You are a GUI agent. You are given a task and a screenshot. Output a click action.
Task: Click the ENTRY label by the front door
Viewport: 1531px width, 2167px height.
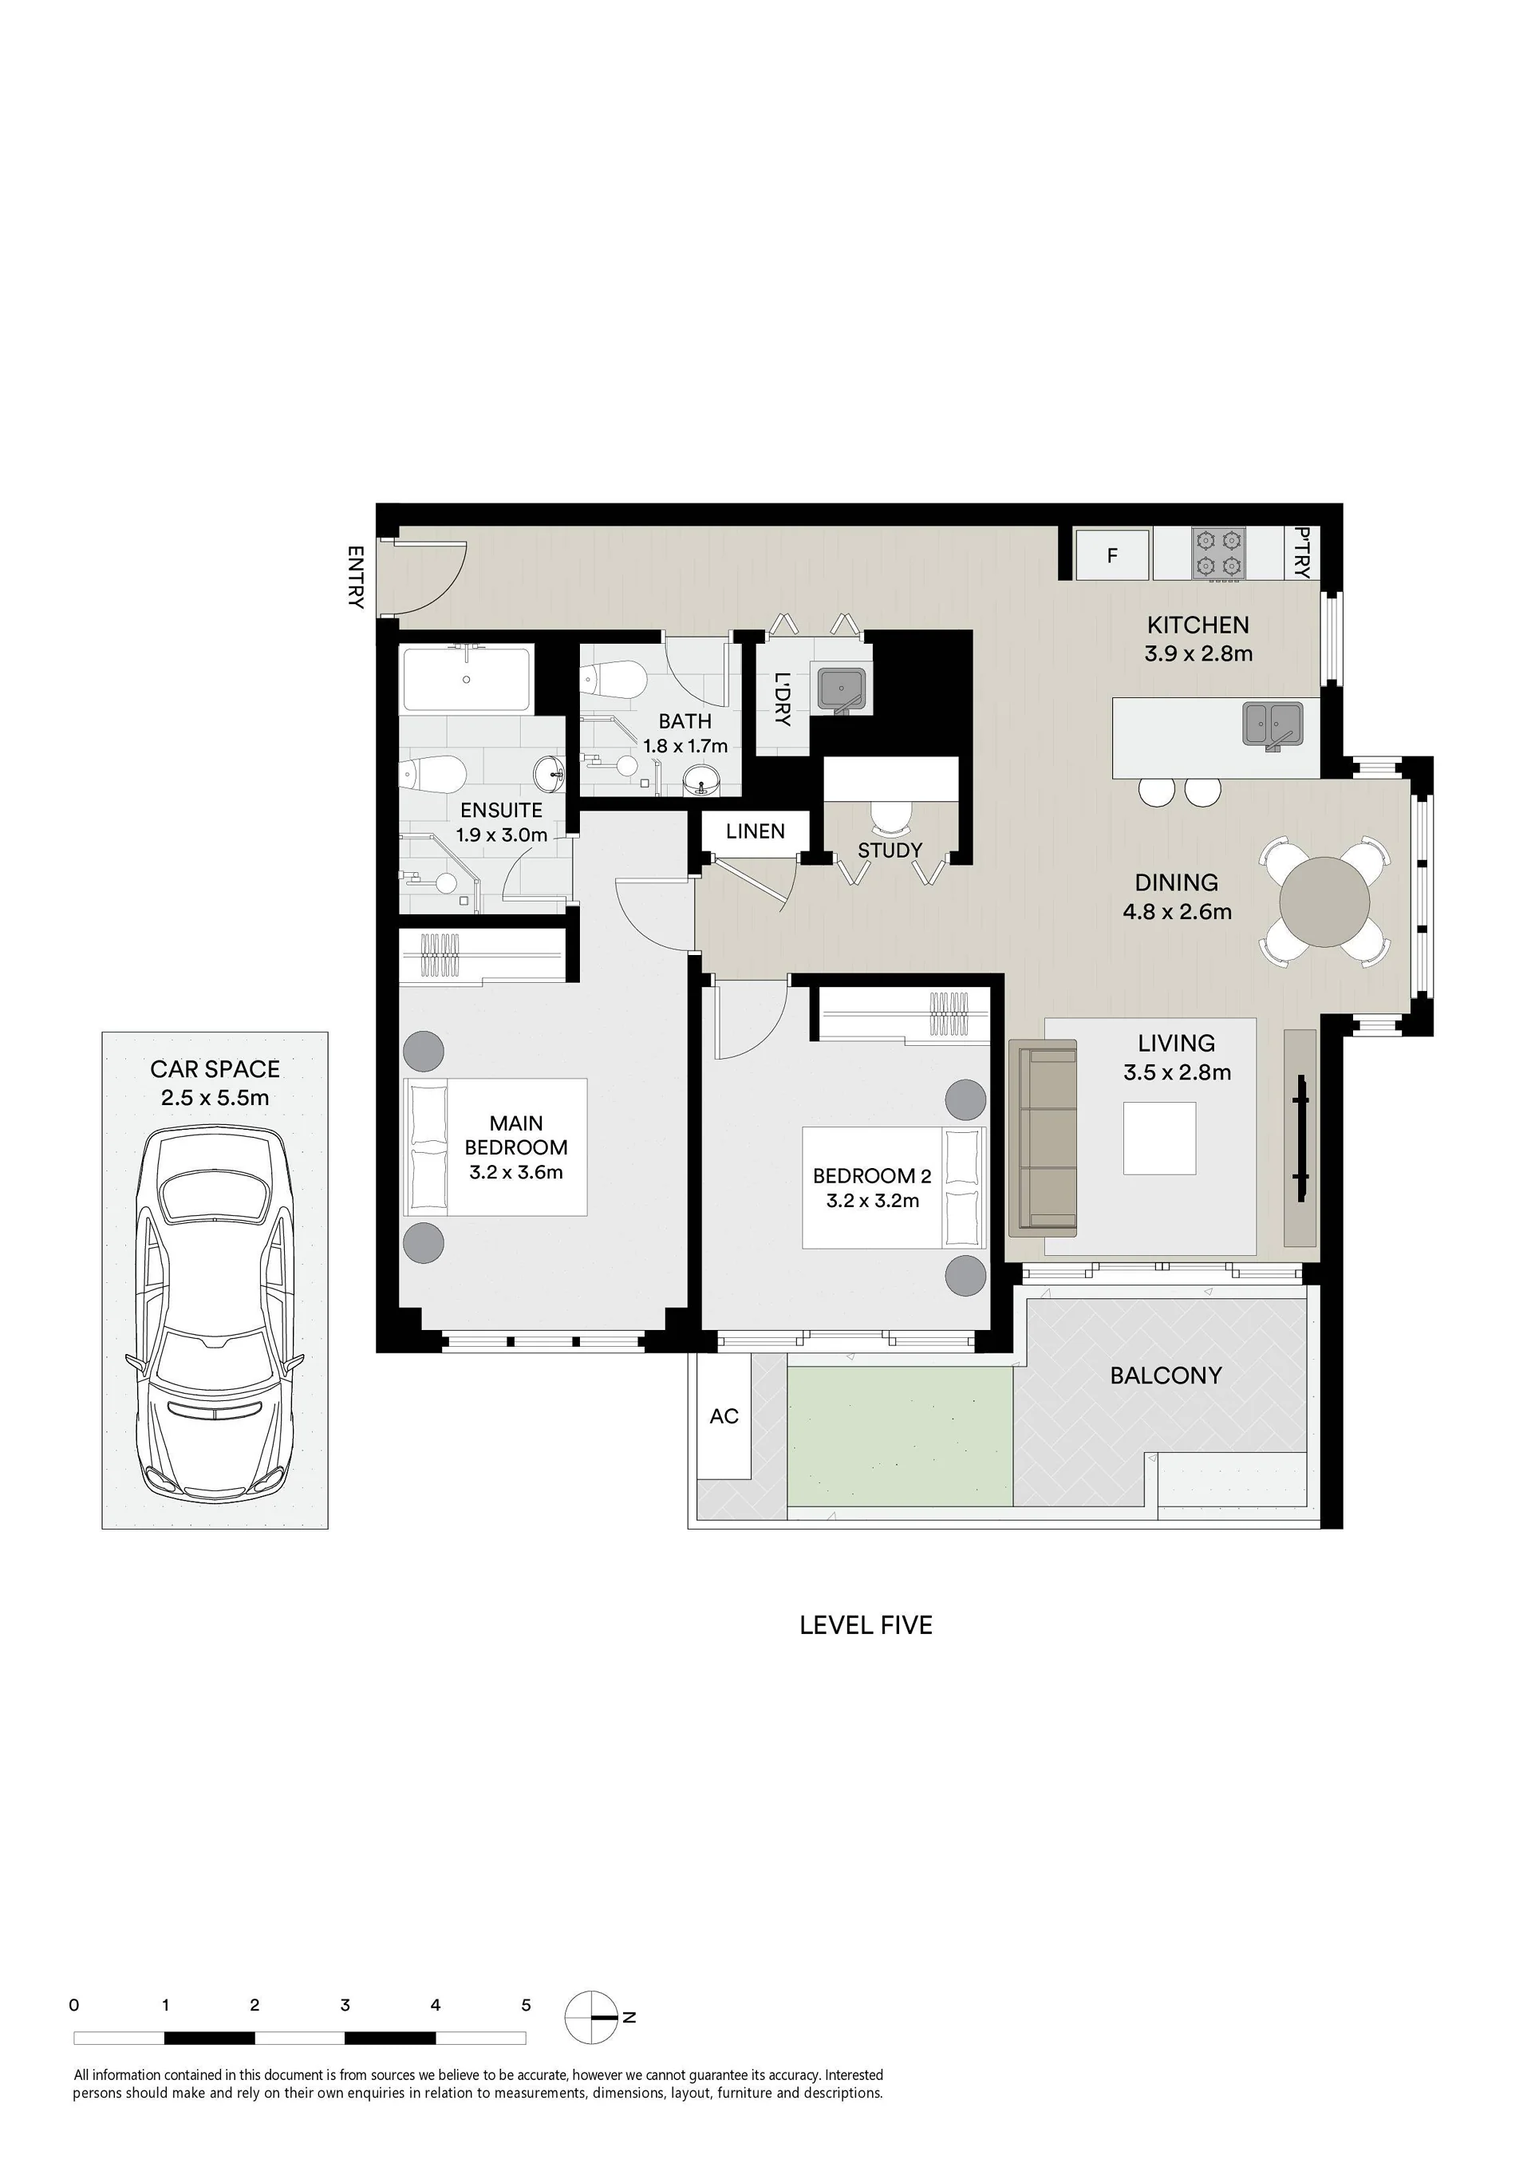click(356, 577)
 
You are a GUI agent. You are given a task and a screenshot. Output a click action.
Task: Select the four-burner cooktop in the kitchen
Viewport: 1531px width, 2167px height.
click(1217, 553)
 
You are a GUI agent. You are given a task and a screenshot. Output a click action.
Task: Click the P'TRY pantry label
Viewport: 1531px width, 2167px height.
click(1303, 553)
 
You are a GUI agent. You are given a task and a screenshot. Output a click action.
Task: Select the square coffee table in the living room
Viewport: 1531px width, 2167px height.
click(1159, 1139)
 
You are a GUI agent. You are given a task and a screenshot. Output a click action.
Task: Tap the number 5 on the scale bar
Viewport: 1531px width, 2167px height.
click(526, 2006)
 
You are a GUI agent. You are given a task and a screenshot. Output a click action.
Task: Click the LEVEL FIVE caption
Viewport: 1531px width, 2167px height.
click(866, 1625)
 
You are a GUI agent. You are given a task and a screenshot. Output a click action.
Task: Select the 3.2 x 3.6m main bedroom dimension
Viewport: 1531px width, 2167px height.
click(515, 1172)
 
